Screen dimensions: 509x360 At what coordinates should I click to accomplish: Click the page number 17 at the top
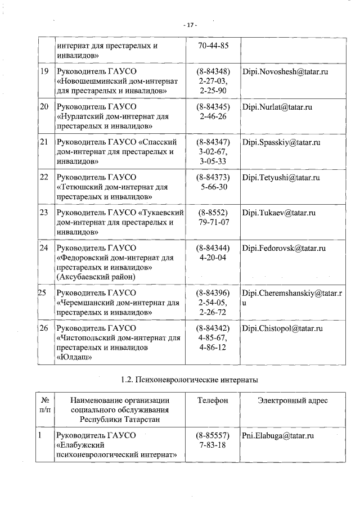191,25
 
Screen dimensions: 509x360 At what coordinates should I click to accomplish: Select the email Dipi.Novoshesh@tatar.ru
285,73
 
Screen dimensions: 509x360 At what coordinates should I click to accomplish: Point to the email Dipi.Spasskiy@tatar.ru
281,142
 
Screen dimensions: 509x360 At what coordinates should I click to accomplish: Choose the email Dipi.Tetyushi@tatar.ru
281,178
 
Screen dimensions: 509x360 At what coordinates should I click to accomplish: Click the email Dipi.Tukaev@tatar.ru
278,213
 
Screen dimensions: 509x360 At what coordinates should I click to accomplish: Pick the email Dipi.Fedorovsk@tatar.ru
284,248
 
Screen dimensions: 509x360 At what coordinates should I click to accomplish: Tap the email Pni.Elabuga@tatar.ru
278,435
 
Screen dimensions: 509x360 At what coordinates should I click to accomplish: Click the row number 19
44,73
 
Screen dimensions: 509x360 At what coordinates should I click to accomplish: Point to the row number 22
44,178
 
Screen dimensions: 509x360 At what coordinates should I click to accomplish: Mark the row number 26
44,328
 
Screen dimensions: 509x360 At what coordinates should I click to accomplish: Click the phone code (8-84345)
213,107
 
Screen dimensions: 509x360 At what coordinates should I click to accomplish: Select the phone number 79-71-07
213,222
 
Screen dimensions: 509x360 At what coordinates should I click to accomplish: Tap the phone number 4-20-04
213,257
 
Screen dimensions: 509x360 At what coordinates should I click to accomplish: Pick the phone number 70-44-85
213,46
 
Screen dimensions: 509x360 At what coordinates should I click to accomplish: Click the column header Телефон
213,400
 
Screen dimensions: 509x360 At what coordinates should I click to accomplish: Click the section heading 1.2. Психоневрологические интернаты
190,380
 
